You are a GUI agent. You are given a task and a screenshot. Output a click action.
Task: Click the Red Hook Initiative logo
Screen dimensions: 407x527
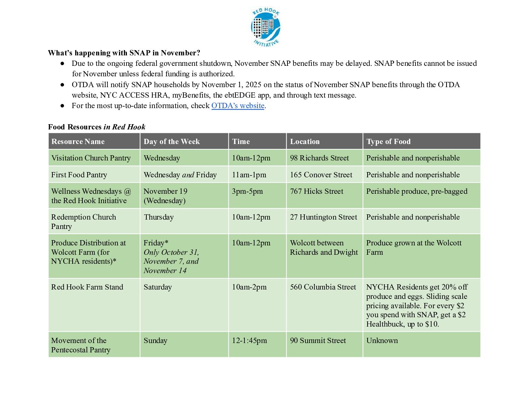pyautogui.click(x=265, y=27)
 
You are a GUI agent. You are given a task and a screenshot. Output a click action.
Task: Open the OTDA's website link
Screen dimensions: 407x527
pyautogui.click(x=238, y=106)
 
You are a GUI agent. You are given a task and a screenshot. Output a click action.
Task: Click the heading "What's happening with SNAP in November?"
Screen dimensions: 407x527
pyautogui.click(x=124, y=53)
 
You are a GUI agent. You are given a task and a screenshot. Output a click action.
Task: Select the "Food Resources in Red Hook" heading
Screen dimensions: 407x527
pyautogui.click(x=97, y=127)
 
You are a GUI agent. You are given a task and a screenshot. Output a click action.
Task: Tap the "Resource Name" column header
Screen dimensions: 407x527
pyautogui.click(x=78, y=141)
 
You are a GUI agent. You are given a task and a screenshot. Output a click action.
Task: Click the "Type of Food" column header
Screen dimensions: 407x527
pyautogui.click(x=388, y=141)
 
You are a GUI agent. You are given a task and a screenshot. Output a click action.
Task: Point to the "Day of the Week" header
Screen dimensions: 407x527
pyautogui.click(x=171, y=141)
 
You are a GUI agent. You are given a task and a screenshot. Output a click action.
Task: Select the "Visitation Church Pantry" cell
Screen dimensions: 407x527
pyautogui.click(x=91, y=158)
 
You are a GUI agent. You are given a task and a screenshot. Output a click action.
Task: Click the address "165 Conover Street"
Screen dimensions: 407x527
pyautogui.click(x=321, y=175)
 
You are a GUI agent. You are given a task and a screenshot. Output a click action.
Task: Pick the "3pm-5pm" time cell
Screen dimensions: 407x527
pyautogui.click(x=247, y=192)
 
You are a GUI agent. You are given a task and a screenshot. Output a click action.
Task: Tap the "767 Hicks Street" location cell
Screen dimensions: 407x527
pyautogui.click(x=316, y=192)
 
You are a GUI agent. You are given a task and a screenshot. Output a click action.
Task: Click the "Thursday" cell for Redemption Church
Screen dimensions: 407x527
pyautogui.click(x=159, y=217)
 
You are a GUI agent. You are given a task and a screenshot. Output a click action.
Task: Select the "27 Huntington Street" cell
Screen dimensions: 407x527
pyautogui.click(x=323, y=217)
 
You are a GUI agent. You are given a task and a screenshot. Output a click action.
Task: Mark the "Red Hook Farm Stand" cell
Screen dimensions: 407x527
pyautogui.click(x=87, y=287)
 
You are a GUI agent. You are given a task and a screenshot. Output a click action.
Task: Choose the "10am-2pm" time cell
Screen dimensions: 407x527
pyautogui.click(x=249, y=287)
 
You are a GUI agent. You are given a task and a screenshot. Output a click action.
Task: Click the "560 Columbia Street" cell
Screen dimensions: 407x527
pyautogui.click(x=323, y=287)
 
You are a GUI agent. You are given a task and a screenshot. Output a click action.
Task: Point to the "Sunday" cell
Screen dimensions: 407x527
pyautogui.click(x=155, y=341)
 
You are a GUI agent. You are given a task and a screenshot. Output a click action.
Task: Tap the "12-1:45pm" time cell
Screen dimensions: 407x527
pyautogui.click(x=249, y=341)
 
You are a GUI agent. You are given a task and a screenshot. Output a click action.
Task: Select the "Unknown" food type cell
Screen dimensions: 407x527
pyautogui.click(x=382, y=341)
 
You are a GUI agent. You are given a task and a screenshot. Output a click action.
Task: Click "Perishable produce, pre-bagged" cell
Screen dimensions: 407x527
pyautogui.click(x=417, y=192)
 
